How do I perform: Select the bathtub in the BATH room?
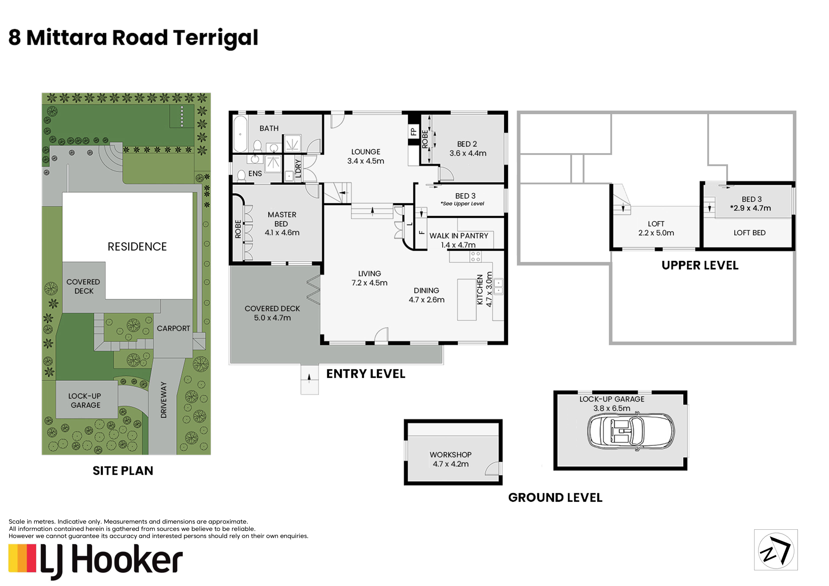tap(240, 134)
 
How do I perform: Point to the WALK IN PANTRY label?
tap(459, 236)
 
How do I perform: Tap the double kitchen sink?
tap(498, 287)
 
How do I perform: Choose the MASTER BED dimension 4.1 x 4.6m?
tap(282, 233)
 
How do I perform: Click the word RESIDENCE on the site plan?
tap(137, 247)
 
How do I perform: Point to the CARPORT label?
tap(173, 328)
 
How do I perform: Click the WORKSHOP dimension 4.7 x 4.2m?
tap(451, 464)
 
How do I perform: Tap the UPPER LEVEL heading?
tap(700, 265)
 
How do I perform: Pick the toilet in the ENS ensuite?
tap(241, 176)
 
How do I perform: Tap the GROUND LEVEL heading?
tap(555, 498)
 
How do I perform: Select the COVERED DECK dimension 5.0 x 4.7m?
tap(272, 318)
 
